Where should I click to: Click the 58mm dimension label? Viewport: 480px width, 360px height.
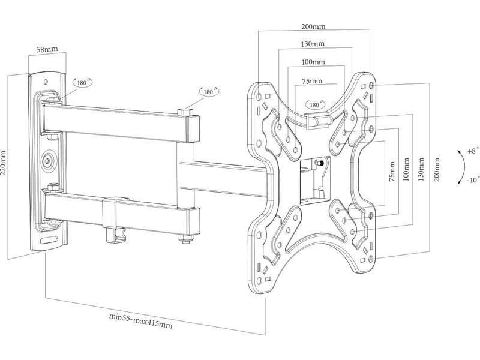click(x=47, y=49)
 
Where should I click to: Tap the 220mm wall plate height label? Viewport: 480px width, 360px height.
click(x=4, y=163)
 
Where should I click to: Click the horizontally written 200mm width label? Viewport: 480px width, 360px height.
click(x=313, y=26)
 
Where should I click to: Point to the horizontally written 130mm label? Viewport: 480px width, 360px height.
click(x=312, y=44)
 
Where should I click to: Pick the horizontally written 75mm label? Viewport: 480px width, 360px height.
click(x=312, y=81)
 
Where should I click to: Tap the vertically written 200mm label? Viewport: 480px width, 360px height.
click(x=437, y=170)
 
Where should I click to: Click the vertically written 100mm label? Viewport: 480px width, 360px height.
click(x=406, y=169)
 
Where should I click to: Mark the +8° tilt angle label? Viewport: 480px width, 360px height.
click(x=473, y=151)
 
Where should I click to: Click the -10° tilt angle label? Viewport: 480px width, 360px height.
click(x=473, y=180)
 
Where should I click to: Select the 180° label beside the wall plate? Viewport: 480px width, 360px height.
click(x=82, y=82)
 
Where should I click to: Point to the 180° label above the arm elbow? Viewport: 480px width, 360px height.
click(x=209, y=92)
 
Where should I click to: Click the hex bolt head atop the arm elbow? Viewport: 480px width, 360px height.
click(x=185, y=113)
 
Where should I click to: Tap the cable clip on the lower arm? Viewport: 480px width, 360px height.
click(x=115, y=219)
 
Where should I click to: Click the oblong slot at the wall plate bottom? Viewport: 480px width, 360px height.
click(x=49, y=239)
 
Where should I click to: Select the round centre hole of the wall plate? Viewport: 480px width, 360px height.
click(x=47, y=160)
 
